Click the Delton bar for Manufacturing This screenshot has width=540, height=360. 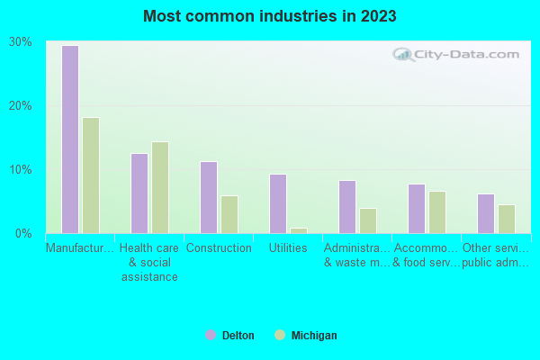(x=69, y=139)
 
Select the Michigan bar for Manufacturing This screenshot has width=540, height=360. (x=91, y=175)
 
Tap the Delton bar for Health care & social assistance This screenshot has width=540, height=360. (x=139, y=193)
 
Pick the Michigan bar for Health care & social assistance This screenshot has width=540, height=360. (x=160, y=187)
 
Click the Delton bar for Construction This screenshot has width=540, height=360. (x=208, y=197)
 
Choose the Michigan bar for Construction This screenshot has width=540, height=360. (x=229, y=214)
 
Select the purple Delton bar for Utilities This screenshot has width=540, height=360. (x=277, y=203)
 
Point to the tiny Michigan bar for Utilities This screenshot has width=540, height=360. (x=299, y=230)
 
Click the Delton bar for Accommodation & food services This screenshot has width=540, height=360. (x=416, y=209)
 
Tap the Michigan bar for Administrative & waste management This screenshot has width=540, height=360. (x=368, y=220)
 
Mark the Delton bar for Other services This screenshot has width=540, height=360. (x=485, y=213)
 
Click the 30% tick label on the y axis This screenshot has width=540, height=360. (x=20, y=42)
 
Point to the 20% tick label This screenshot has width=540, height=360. (x=20, y=105)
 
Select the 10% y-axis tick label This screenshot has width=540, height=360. (x=20, y=170)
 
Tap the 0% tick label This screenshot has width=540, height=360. (x=22, y=234)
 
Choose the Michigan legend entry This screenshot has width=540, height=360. (x=306, y=336)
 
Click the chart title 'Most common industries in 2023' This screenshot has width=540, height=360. (x=269, y=16)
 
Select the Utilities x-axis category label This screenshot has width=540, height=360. (x=288, y=248)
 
